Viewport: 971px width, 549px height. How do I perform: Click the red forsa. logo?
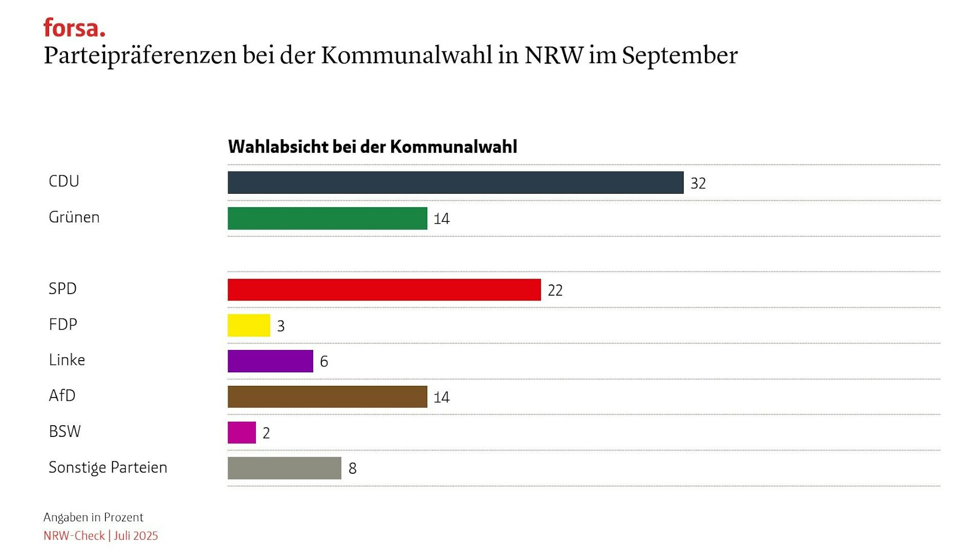click(x=74, y=28)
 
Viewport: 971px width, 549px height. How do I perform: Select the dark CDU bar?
click(x=455, y=183)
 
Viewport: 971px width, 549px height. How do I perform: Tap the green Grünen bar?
click(x=327, y=218)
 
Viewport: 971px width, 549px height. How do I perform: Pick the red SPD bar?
click(x=384, y=290)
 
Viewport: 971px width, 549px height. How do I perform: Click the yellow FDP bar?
click(x=249, y=325)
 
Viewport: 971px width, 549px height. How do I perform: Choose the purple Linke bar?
click(x=270, y=361)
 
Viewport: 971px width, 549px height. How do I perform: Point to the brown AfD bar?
click(x=327, y=397)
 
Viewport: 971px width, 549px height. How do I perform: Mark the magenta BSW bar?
click(x=242, y=433)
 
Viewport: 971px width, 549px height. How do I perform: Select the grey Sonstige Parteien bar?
click(x=285, y=468)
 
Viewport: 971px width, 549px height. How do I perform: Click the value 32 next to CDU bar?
click(x=698, y=183)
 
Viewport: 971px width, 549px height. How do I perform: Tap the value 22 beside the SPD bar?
click(x=555, y=290)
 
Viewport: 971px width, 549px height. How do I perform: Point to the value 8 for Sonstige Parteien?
click(x=352, y=468)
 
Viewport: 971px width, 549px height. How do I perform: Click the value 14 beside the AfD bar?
click(x=441, y=398)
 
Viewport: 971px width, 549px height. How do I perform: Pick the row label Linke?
click(x=67, y=360)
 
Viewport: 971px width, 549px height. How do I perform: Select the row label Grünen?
click(x=74, y=217)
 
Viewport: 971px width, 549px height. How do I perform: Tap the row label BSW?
click(x=65, y=431)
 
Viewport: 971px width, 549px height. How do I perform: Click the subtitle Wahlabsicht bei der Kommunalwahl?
click(x=372, y=147)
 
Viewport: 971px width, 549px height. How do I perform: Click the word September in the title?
click(x=680, y=55)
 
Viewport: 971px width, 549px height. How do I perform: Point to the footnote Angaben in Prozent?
click(x=93, y=517)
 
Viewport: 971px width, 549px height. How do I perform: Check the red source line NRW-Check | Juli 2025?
click(x=100, y=535)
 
